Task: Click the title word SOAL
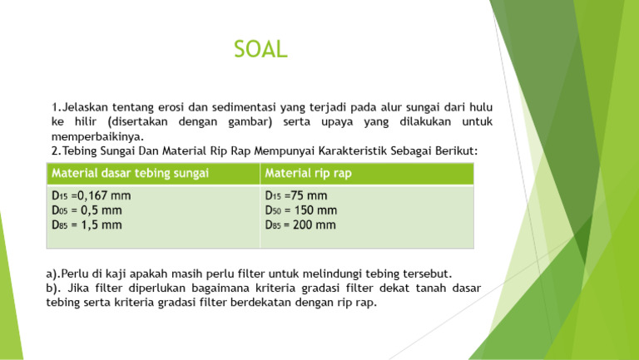[261, 50]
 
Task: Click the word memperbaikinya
[97, 136]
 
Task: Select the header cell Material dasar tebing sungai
[129, 173]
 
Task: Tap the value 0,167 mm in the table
[102, 196]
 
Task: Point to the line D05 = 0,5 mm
[87, 210]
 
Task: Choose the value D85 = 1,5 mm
[87, 224]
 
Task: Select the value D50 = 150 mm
[300, 210]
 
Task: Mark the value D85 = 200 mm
[300, 224]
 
